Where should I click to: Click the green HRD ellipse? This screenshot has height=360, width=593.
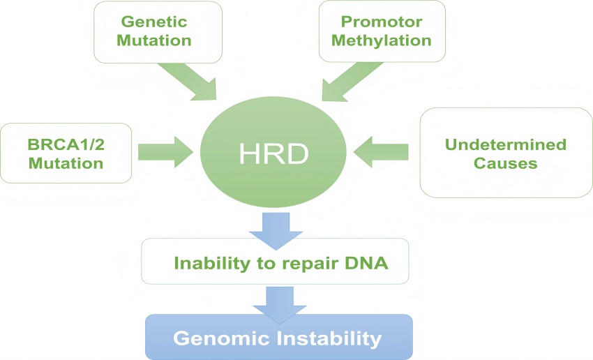point(273,151)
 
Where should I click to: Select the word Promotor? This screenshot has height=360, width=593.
point(382,22)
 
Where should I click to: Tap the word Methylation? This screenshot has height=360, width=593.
point(382,40)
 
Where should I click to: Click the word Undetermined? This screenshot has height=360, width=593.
point(505,145)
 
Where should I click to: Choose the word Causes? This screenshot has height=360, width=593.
point(505,163)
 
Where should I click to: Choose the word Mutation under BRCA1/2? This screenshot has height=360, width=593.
point(66,163)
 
